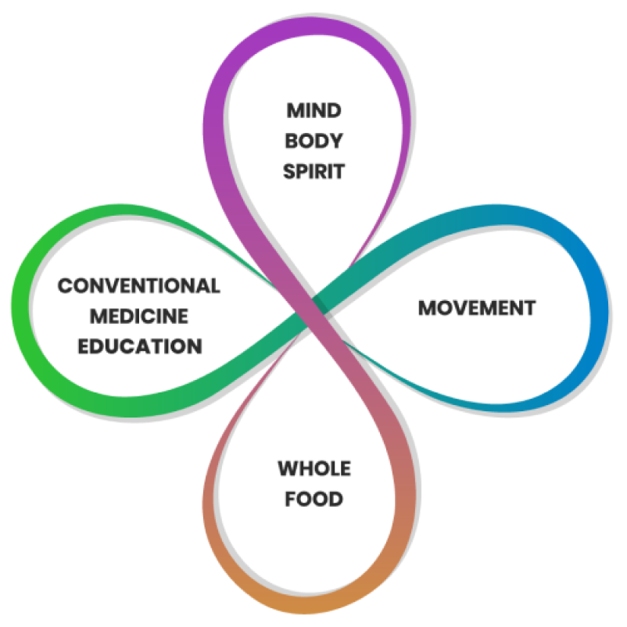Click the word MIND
(x=313, y=110)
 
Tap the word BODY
(x=313, y=141)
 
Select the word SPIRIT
(x=313, y=171)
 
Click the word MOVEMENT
(x=477, y=308)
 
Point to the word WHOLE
(x=314, y=468)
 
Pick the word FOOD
(x=314, y=498)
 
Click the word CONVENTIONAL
(x=138, y=285)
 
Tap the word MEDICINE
(x=139, y=316)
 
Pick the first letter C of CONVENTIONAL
(x=65, y=285)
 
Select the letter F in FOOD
(x=290, y=498)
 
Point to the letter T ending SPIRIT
(x=339, y=171)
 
